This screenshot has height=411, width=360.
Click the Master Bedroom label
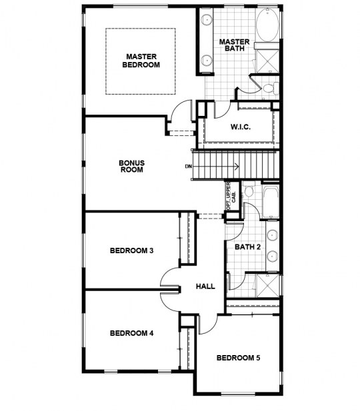click(x=141, y=61)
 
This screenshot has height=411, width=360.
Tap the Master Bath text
click(x=234, y=45)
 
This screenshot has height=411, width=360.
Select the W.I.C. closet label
click(x=241, y=127)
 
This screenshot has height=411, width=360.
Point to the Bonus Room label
click(x=132, y=166)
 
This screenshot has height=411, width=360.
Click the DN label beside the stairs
click(x=189, y=166)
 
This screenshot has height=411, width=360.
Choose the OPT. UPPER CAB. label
click(x=231, y=196)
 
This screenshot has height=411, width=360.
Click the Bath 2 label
click(x=248, y=247)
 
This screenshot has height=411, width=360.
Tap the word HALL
click(x=205, y=286)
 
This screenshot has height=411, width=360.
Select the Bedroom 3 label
click(x=132, y=250)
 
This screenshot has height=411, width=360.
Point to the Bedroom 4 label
click(x=132, y=333)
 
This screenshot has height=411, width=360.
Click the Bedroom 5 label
click(x=238, y=358)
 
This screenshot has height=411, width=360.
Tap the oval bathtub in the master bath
click(x=267, y=25)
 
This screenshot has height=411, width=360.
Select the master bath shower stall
click(x=267, y=61)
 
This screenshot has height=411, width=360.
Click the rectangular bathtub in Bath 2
click(x=271, y=202)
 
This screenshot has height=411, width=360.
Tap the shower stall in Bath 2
click(x=267, y=286)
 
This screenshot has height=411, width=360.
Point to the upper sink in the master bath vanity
click(x=207, y=19)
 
